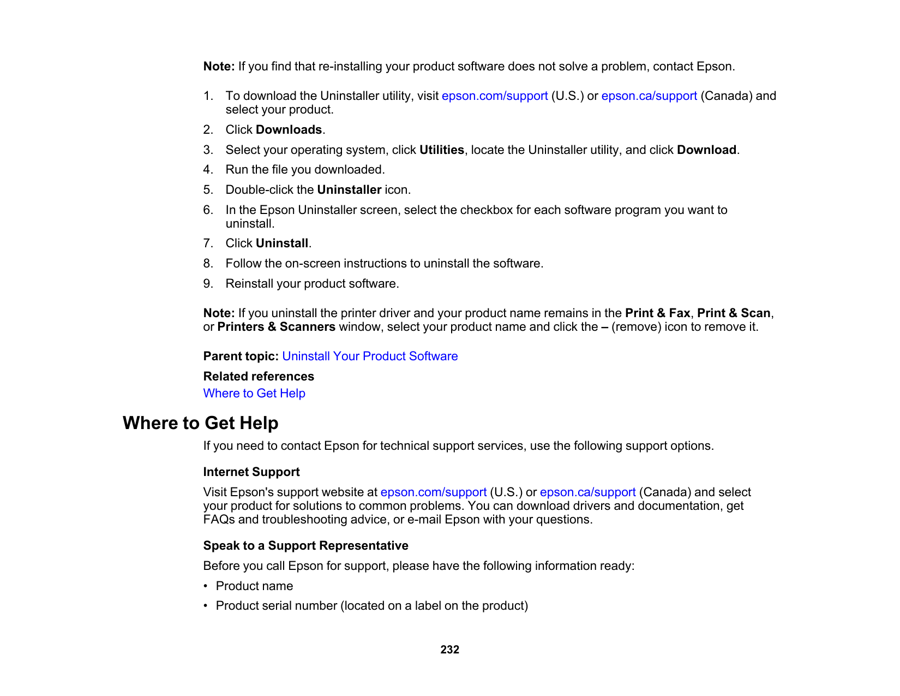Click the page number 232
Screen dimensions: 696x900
(449, 650)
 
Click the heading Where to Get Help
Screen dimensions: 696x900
(200, 423)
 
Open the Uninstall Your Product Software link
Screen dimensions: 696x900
(370, 356)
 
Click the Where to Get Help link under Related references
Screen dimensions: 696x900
(254, 393)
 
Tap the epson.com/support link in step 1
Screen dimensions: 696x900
(494, 96)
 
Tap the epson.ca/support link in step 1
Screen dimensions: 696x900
(649, 96)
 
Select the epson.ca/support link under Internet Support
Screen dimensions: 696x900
(587, 492)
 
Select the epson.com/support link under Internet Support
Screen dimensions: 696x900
(433, 492)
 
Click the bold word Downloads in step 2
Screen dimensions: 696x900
(289, 130)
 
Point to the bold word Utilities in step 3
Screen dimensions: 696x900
(441, 150)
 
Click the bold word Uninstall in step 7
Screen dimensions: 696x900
(282, 243)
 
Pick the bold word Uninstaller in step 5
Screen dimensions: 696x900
(349, 190)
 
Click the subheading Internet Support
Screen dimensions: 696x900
(251, 472)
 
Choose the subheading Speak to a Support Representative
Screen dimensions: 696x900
(305, 545)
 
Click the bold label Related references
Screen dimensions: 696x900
(259, 376)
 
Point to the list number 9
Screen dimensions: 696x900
(208, 284)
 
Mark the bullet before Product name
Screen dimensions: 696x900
(206, 586)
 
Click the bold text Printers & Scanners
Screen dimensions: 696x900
(276, 327)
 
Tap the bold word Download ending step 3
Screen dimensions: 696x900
(706, 150)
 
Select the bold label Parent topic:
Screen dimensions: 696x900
(241, 356)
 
